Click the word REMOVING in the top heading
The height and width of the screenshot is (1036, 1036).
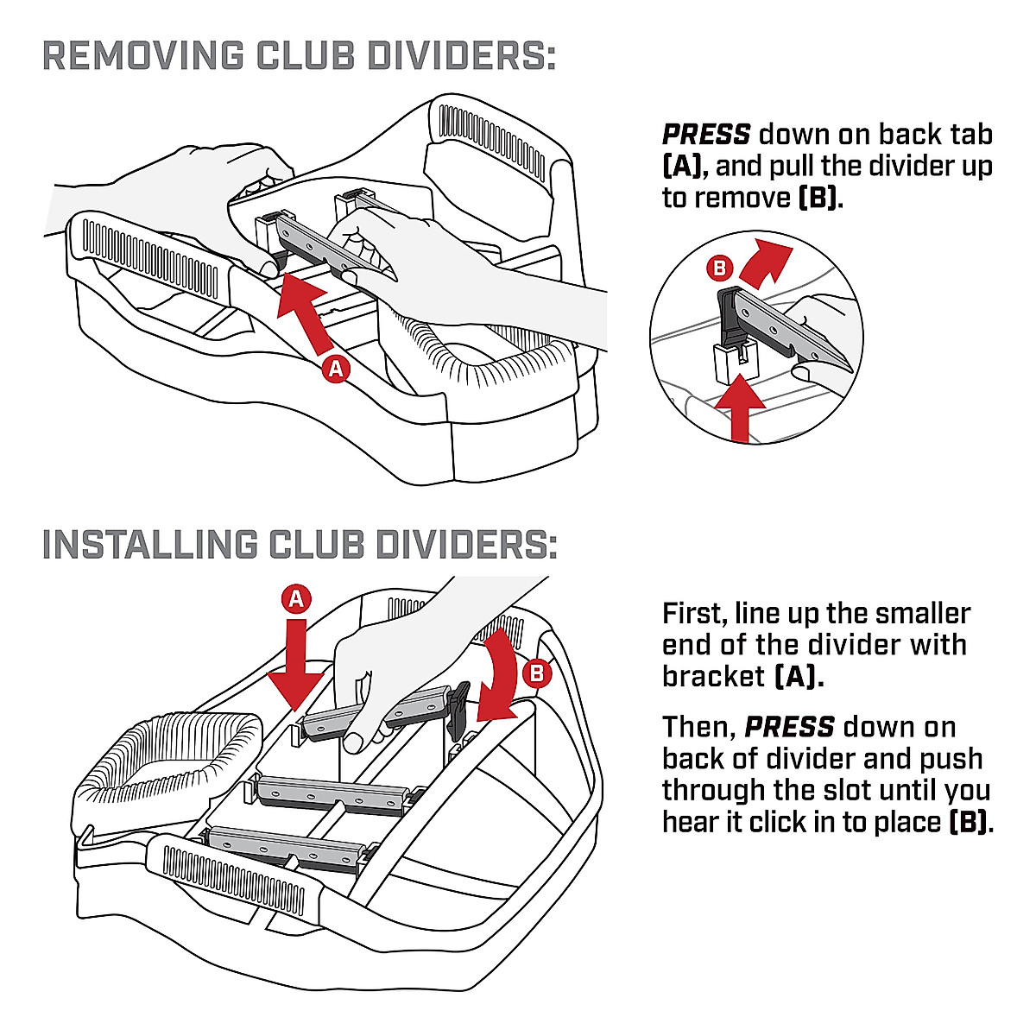tap(143, 56)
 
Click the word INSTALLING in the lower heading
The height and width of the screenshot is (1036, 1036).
tap(149, 545)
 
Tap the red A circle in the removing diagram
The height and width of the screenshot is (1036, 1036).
tap(336, 369)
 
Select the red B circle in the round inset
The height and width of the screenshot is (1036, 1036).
tap(718, 268)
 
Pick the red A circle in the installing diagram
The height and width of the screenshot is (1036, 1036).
tap(296, 599)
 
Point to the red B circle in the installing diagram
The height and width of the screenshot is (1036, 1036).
tap(537, 672)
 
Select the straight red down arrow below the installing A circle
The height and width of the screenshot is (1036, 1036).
tap(295, 665)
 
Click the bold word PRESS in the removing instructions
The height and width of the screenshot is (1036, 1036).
tap(706, 135)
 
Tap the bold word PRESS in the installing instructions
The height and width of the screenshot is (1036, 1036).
tap(789, 727)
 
